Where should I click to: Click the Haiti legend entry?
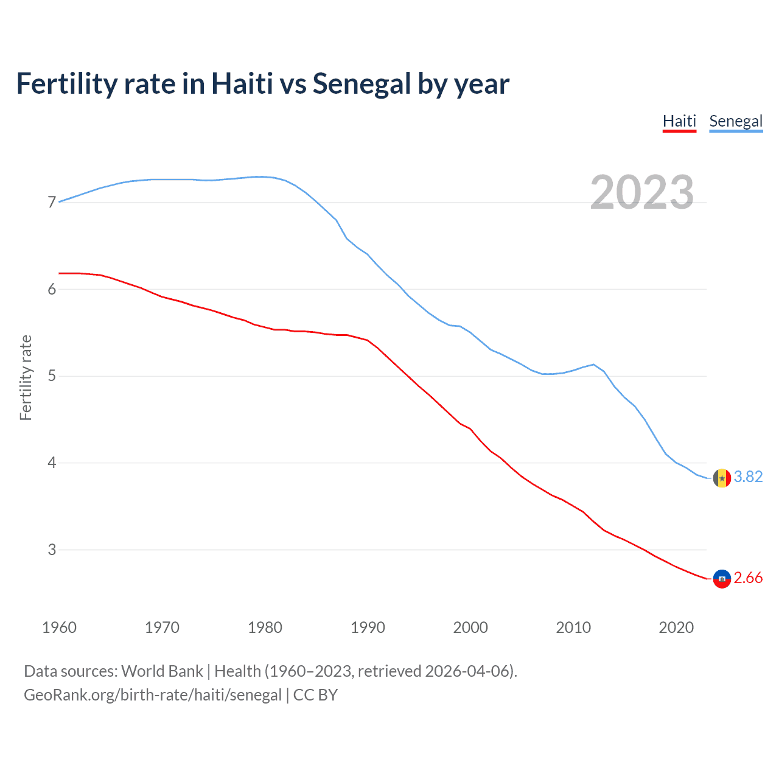(x=679, y=121)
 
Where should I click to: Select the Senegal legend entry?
(x=736, y=121)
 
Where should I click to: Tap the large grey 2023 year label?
(x=642, y=192)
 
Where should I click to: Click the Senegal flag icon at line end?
(x=722, y=478)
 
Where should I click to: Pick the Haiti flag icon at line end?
(x=722, y=579)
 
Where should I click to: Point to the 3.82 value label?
(x=748, y=477)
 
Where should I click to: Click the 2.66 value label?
(x=748, y=578)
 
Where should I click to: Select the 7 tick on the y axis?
(x=52, y=202)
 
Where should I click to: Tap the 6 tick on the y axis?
(x=52, y=289)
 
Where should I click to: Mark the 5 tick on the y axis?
(x=52, y=376)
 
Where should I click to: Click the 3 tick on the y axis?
(x=52, y=550)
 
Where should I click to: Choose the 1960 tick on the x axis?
(x=59, y=627)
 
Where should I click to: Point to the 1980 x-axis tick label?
(x=265, y=627)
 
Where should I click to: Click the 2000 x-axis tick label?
(x=470, y=627)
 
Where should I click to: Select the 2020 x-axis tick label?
(x=676, y=627)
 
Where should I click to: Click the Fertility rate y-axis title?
(x=26, y=377)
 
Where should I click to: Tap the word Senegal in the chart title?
(x=362, y=84)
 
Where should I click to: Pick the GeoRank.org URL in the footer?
(x=153, y=695)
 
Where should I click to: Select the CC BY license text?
(x=315, y=695)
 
